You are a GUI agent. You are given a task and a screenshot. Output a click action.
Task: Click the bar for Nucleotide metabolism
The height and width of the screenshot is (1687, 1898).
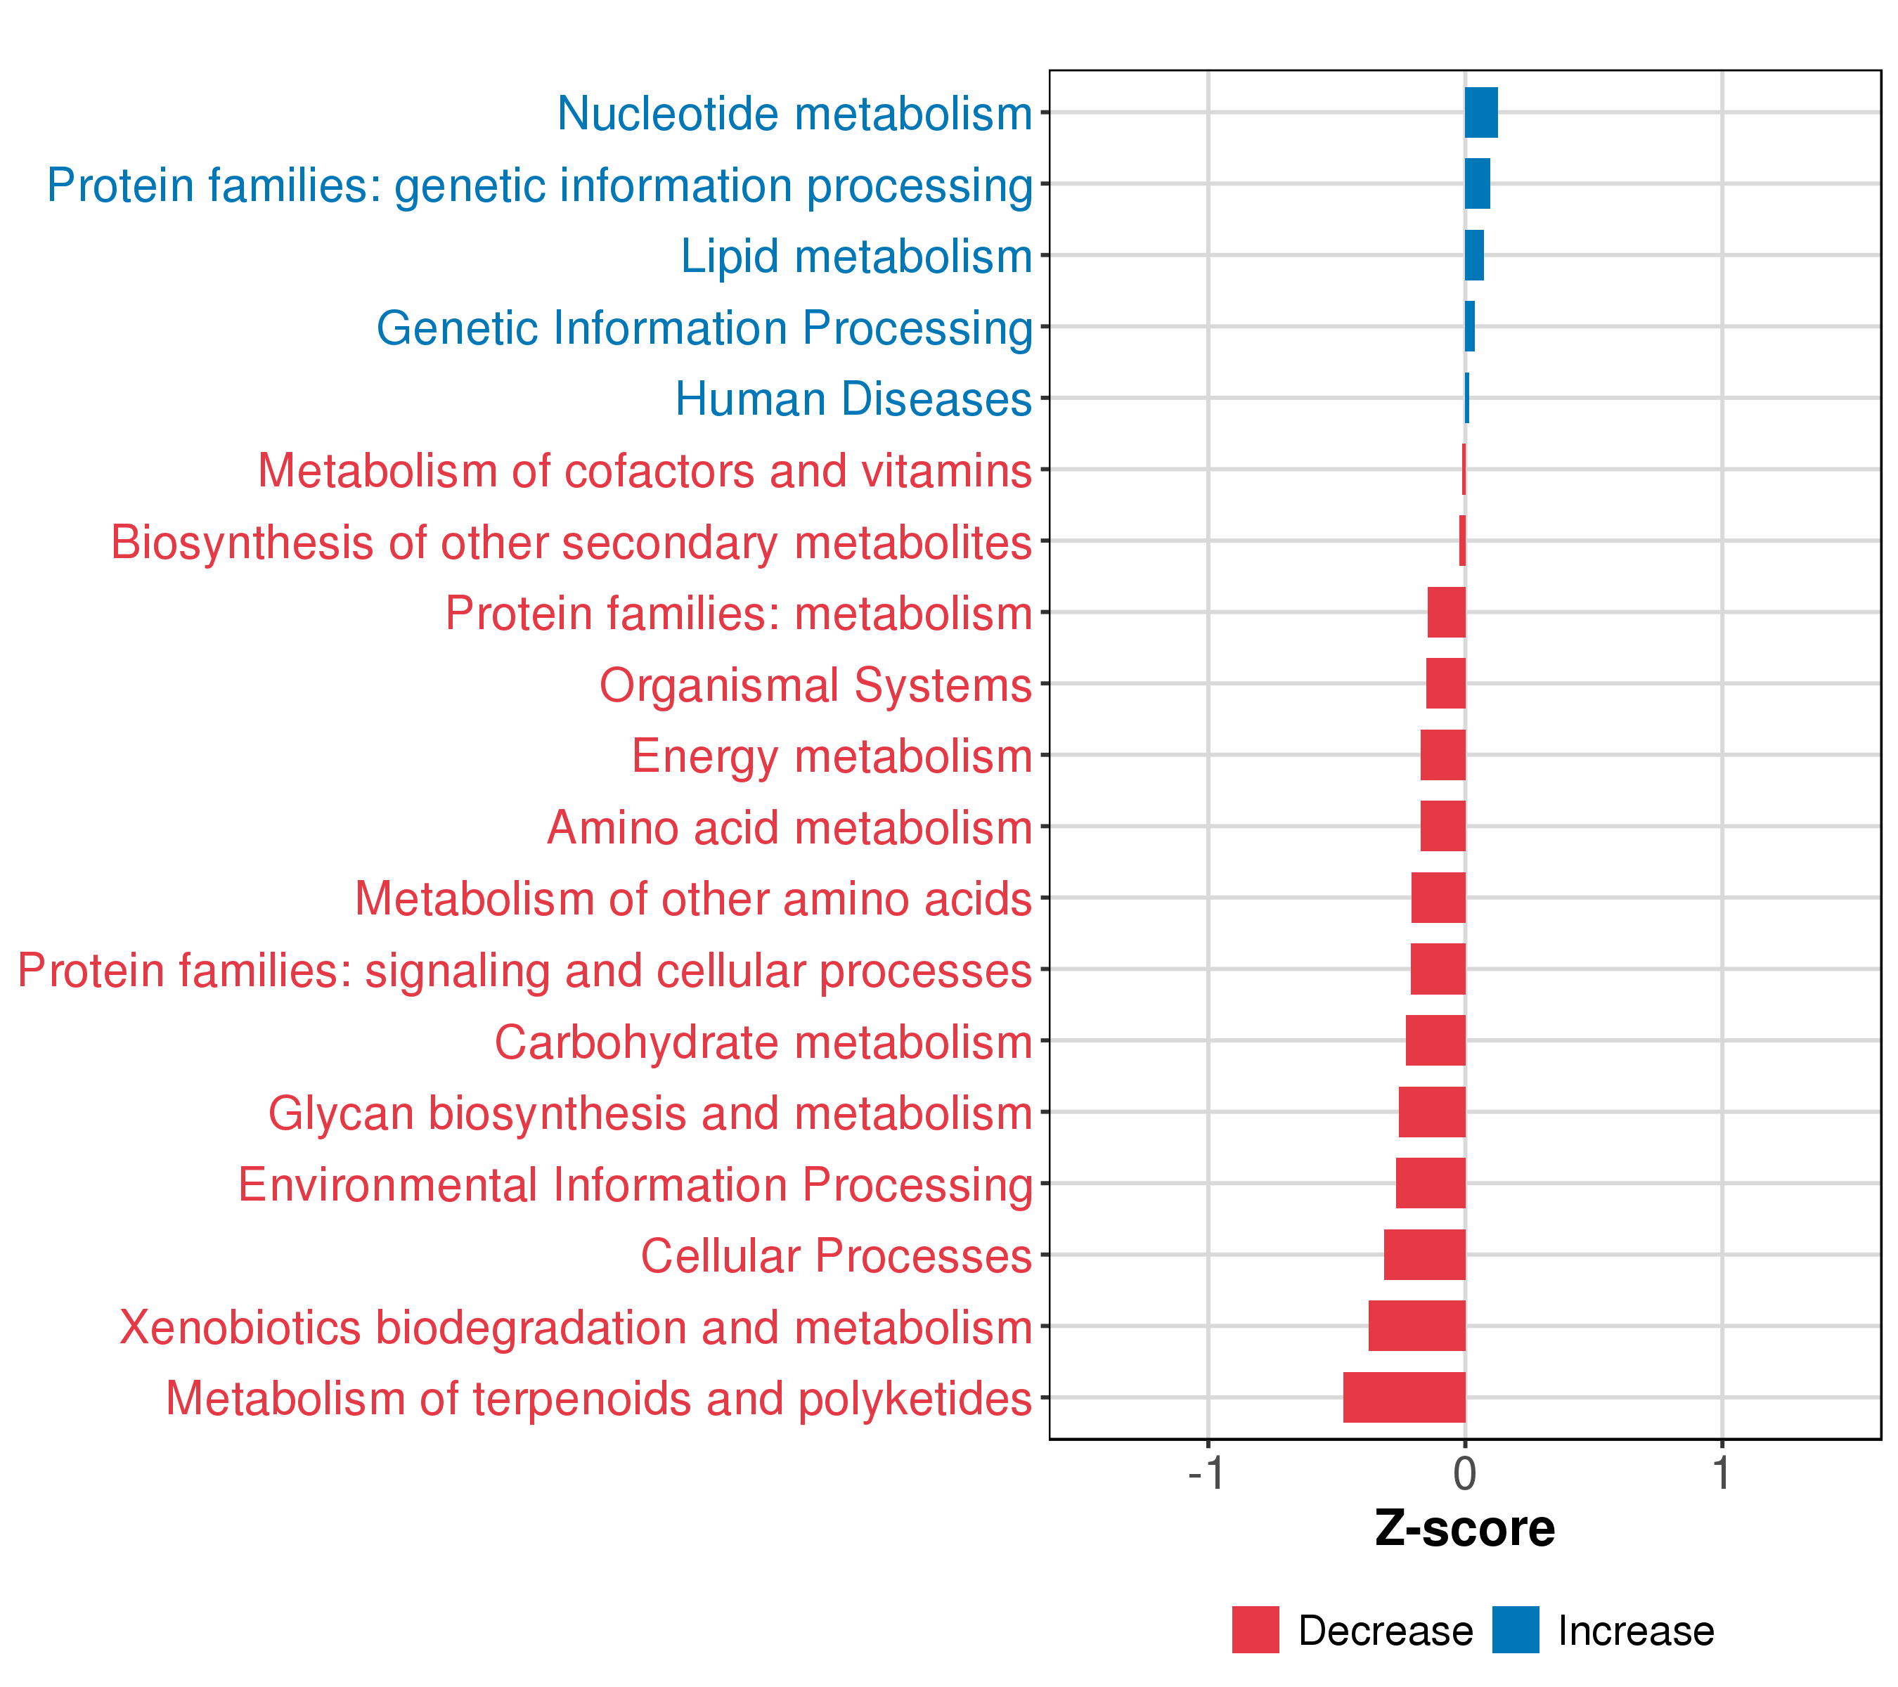click(1480, 112)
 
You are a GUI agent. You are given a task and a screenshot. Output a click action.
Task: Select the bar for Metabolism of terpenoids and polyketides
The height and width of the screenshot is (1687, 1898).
click(1404, 1397)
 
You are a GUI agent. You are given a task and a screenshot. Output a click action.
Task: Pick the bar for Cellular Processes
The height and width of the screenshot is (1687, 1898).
click(1424, 1254)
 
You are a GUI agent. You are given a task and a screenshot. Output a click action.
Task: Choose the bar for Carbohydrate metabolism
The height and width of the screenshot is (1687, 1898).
click(1435, 1040)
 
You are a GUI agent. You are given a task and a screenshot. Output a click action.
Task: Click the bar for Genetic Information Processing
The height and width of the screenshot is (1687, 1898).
click(1469, 327)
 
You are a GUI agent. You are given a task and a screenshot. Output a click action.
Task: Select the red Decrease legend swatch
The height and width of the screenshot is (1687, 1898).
click(1255, 1630)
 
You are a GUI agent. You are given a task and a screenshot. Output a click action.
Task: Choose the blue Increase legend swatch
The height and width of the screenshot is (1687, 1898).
click(1516, 1630)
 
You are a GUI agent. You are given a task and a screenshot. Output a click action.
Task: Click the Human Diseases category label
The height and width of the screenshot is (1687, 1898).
click(853, 399)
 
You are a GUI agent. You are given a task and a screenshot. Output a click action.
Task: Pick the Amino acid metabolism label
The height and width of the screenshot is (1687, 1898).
click(789, 827)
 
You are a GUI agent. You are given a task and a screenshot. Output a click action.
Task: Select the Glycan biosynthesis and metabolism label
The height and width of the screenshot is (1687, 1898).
click(650, 1113)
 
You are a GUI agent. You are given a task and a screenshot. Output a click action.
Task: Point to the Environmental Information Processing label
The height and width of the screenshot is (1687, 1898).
click(635, 1184)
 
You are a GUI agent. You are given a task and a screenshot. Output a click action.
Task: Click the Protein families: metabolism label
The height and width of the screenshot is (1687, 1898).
click(738, 614)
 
